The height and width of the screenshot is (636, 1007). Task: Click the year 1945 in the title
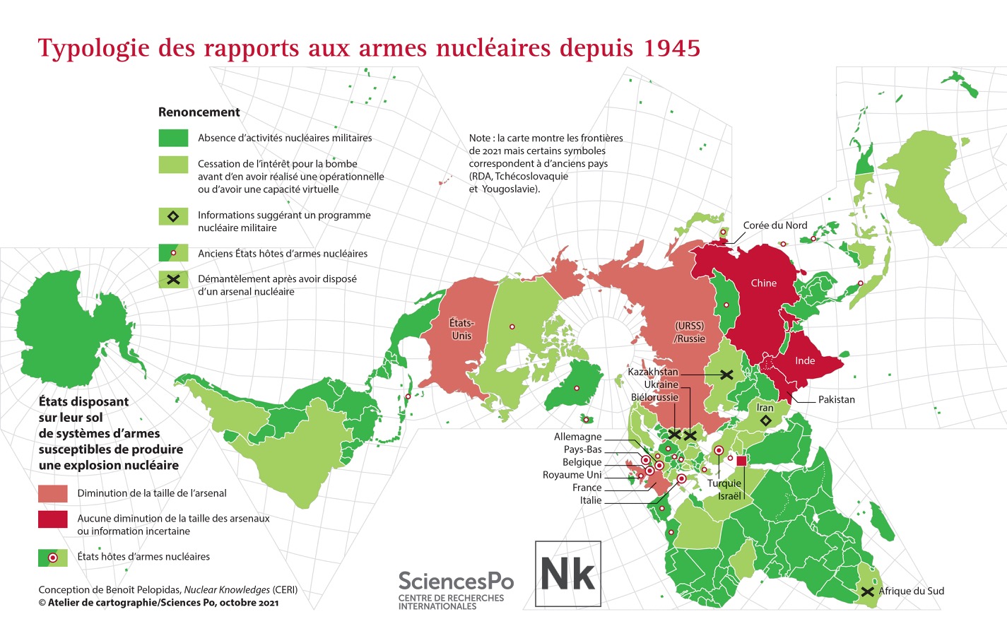tap(671, 48)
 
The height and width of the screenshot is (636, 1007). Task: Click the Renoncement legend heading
tap(199, 112)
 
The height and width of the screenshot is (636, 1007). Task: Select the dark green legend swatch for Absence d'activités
tap(173, 138)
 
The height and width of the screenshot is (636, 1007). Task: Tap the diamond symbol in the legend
tap(173, 216)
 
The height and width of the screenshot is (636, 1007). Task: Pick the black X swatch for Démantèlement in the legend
tap(173, 280)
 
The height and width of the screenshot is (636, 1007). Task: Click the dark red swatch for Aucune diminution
tap(53, 519)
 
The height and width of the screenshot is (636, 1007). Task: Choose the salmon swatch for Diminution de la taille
tap(53, 493)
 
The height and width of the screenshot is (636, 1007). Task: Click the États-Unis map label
tap(461, 329)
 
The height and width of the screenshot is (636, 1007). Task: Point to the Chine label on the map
tap(763, 283)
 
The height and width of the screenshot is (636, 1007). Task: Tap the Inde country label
tap(805, 361)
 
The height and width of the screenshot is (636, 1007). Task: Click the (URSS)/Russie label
tap(690, 332)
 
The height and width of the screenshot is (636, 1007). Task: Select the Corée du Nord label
tap(775, 225)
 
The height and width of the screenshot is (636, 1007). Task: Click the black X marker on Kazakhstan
tap(726, 375)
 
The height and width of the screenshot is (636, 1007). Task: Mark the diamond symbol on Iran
tap(765, 421)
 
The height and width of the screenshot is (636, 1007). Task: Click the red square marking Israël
tap(741, 461)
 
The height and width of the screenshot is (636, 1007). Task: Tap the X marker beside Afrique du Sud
tap(868, 591)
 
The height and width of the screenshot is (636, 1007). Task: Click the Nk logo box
tap(568, 574)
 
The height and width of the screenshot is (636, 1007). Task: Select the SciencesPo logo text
tap(456, 582)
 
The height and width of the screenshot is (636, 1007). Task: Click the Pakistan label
tap(836, 400)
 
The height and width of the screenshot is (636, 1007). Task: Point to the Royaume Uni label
tap(572, 475)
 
